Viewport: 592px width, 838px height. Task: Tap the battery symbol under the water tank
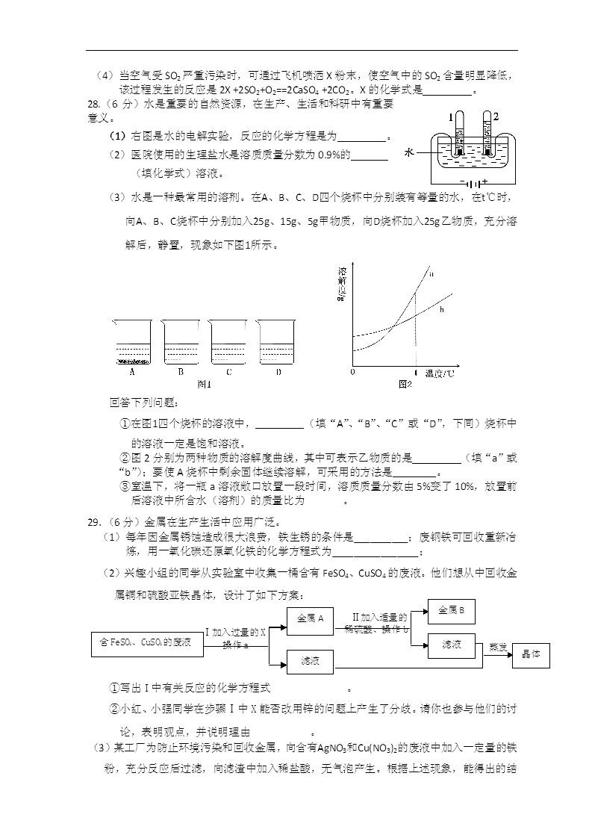(x=472, y=181)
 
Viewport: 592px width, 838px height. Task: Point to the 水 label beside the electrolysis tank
(x=408, y=152)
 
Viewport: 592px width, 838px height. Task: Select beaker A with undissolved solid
(x=132, y=343)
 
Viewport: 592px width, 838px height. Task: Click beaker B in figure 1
(x=181, y=343)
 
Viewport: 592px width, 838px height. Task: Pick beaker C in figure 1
(x=228, y=343)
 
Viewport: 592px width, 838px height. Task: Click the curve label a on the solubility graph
(x=431, y=274)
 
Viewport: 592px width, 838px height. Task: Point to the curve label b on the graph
(x=441, y=308)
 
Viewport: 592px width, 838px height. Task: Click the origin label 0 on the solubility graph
(x=352, y=372)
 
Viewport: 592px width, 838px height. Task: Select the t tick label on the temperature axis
(x=415, y=372)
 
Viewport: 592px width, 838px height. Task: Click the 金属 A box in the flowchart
(x=310, y=618)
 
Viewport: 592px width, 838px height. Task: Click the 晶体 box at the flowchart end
(x=531, y=654)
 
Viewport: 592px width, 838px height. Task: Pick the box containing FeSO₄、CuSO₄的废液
(x=146, y=642)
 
